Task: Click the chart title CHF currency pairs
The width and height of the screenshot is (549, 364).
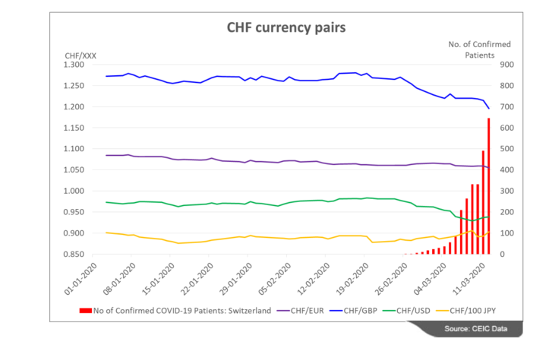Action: point(286,28)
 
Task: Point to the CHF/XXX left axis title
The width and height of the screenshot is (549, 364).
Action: point(80,55)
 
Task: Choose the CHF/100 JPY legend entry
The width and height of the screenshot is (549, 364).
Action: point(475,311)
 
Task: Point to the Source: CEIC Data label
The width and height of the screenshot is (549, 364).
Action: point(484,328)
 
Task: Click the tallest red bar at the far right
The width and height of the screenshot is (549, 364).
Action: point(489,186)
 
